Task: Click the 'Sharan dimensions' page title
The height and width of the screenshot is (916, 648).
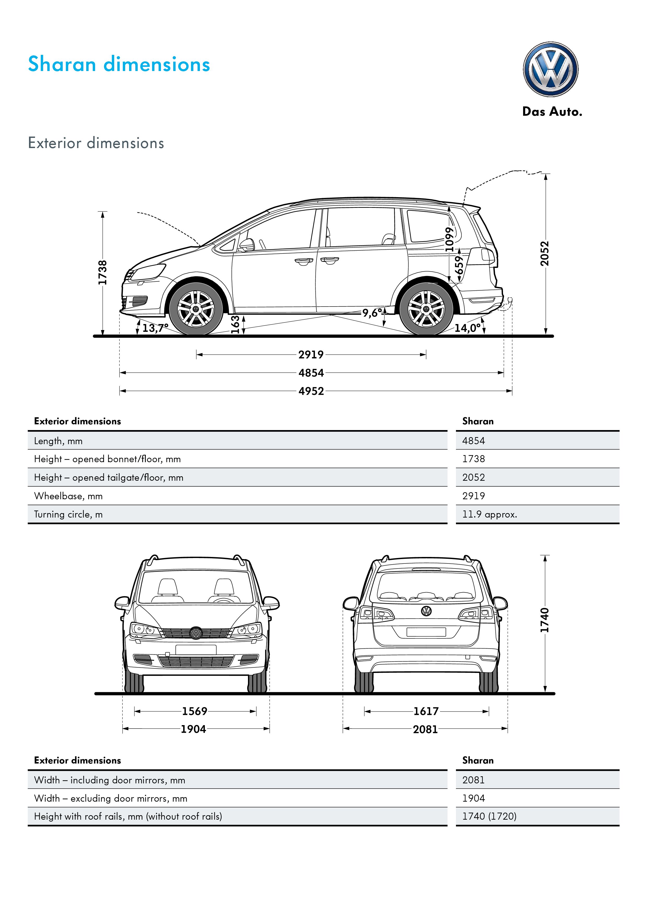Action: click(119, 64)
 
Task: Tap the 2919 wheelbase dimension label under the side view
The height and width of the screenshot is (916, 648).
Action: click(311, 354)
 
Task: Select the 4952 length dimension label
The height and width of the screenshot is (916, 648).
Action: click(311, 391)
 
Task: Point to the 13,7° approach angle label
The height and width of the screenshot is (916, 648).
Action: click(155, 328)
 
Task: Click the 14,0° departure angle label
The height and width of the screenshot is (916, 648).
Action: click(467, 328)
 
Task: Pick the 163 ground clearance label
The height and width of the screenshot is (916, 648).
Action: click(235, 324)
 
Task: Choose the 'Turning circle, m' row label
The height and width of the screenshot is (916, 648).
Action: click(68, 514)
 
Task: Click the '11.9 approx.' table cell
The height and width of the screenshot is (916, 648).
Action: click(489, 514)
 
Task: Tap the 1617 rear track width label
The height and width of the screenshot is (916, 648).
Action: click(426, 711)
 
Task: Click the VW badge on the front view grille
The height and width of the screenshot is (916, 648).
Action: click(196, 632)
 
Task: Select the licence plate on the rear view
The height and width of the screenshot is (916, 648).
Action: click(426, 632)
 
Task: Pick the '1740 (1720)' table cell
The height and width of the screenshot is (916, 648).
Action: click(489, 816)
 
